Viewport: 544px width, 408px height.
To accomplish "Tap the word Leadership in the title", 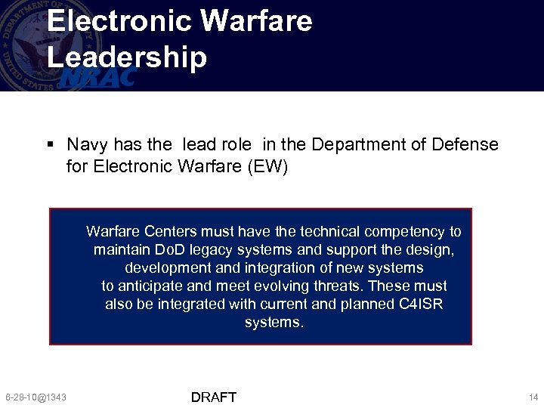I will [127, 58].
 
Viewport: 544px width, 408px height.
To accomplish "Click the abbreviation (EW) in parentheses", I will [267, 165].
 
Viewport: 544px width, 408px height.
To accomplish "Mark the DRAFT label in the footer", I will [214, 397].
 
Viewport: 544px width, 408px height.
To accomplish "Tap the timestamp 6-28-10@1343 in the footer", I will [36, 397].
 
